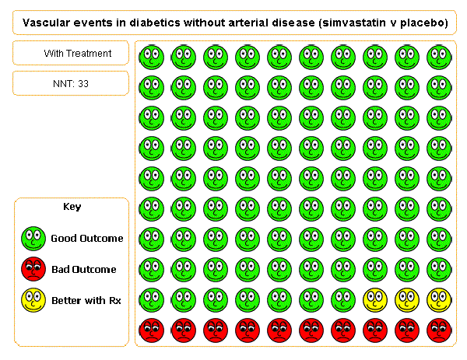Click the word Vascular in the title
44,23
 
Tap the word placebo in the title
421,23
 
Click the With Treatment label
77,54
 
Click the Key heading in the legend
72,207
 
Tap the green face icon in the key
33,238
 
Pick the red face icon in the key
33,269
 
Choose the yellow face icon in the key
33,299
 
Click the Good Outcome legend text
87,239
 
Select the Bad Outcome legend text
84,270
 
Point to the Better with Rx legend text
84,300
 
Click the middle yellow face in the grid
406,299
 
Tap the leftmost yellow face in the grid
374,299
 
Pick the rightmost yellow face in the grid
438,299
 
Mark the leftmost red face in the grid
151,329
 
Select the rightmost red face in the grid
438,329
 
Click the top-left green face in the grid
151,56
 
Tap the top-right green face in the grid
438,56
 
